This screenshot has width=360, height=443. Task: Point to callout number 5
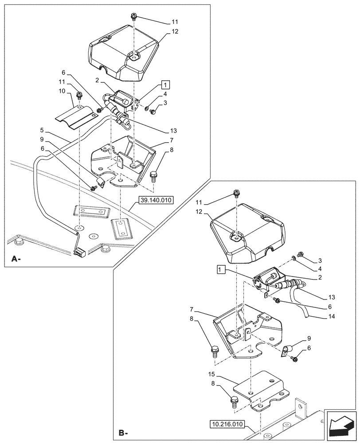41,131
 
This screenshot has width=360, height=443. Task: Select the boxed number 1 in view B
222,269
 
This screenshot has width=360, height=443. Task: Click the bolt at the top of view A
133,17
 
